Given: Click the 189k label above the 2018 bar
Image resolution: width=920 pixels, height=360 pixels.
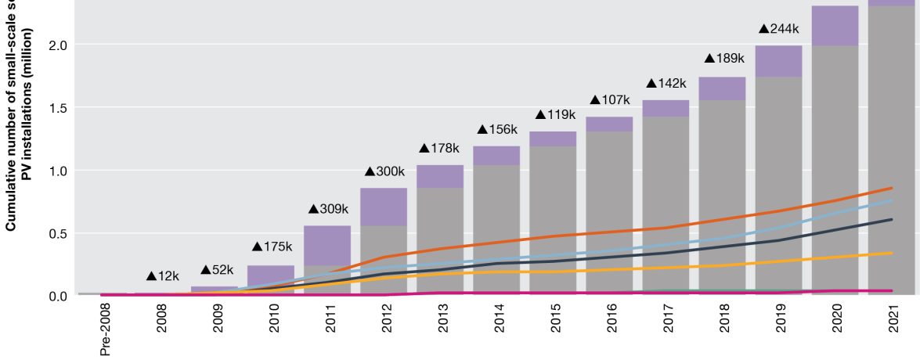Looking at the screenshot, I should click(723, 58).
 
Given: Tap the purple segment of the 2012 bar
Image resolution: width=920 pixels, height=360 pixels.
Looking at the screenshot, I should click(384, 207).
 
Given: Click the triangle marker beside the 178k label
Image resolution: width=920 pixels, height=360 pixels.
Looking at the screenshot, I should click(425, 149).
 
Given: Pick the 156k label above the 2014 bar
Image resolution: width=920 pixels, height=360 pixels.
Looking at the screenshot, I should click(498, 129).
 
